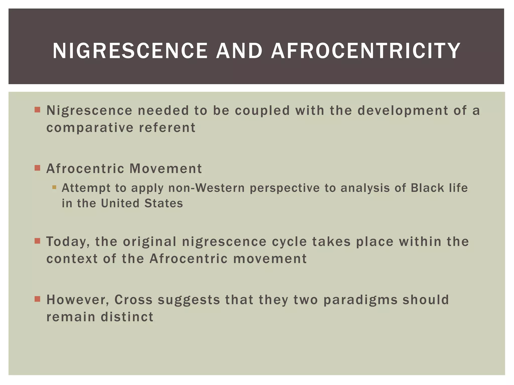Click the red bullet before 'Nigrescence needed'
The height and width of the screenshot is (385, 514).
coord(37,110)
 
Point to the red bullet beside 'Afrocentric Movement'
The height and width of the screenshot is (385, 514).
coord(37,168)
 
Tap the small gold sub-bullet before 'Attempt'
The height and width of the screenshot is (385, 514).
coord(54,187)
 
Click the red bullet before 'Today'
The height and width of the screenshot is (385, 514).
coord(37,241)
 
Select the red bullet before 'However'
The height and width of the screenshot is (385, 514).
coord(37,299)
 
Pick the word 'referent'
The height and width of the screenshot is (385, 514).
coord(167,128)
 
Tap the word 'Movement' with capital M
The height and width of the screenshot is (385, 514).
coord(166,168)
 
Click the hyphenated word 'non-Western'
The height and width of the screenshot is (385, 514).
coord(206,188)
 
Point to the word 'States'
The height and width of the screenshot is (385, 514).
coord(164,203)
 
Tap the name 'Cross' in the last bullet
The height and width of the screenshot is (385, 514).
coord(133,300)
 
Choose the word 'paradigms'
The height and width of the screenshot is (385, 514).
coord(360,300)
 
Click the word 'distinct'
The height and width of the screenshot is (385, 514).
coord(127,317)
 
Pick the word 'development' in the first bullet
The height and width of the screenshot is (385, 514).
coord(403,111)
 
